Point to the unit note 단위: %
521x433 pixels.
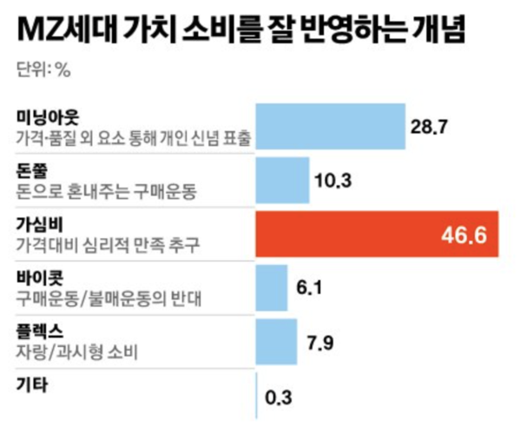coord(43,71)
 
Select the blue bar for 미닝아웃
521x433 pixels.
coord(330,127)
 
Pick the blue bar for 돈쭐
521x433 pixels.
coord(281,181)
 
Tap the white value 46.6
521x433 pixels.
coord(465,236)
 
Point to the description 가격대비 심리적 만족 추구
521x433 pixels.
coord(108,244)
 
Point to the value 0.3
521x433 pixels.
coord(278,398)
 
